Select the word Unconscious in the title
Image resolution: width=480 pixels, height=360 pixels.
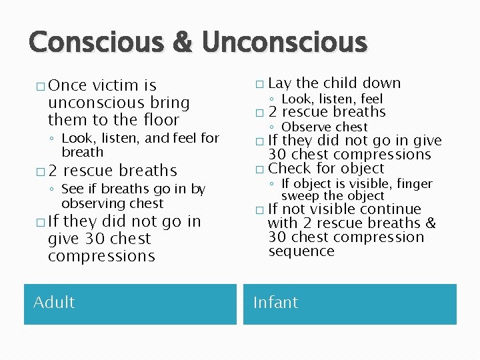(x=285, y=42)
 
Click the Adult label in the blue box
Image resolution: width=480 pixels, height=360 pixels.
(x=54, y=302)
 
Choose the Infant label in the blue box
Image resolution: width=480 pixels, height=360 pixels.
(x=275, y=302)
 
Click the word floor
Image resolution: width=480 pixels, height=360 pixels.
(x=161, y=120)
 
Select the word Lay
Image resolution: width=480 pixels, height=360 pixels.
(x=279, y=83)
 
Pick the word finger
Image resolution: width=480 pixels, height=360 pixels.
(x=415, y=183)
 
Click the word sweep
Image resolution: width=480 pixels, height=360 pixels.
(x=299, y=195)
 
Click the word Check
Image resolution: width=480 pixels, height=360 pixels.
(x=289, y=169)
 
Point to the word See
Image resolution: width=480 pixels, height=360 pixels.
(x=72, y=189)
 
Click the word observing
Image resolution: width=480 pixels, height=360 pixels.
(x=93, y=203)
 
